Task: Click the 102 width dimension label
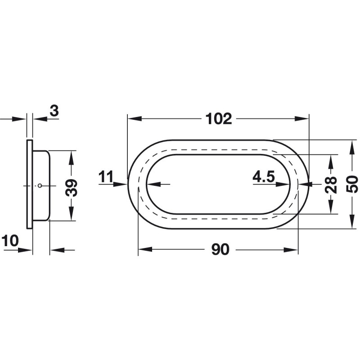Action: click(219, 119)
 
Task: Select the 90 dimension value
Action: click(220, 250)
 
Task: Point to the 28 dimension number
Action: click(331, 184)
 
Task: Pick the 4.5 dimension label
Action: click(264, 177)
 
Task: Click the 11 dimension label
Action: click(106, 177)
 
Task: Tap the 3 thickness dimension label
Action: click(54, 111)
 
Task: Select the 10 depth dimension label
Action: click(10, 241)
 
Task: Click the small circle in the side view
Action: click(40, 186)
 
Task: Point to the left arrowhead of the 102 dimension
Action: click(135, 119)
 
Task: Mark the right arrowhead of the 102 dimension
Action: click(301, 119)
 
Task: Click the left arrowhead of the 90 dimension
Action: click(145, 250)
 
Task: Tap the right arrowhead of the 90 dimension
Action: click(291, 250)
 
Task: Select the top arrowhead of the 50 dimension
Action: click(352, 147)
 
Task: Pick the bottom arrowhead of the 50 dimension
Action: click(352, 221)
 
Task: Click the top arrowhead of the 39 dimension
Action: click(72, 157)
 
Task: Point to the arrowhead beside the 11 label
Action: click(120, 184)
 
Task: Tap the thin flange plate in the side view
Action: click(30, 184)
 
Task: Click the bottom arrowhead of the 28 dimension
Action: click(331, 207)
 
